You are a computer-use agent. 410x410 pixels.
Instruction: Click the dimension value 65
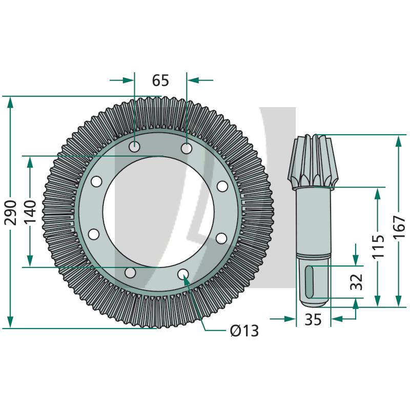(160, 80)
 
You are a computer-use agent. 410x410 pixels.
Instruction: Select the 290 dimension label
(11, 212)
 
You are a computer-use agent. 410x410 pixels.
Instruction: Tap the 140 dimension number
(30, 212)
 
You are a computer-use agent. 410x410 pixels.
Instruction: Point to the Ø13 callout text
(244, 331)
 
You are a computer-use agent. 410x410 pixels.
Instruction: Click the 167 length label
(399, 227)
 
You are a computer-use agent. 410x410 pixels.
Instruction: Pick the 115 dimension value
(378, 246)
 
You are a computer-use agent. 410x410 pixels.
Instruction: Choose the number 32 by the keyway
(356, 282)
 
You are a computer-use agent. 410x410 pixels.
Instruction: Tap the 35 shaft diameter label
(313, 319)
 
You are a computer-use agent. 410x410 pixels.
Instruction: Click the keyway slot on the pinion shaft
(310, 281)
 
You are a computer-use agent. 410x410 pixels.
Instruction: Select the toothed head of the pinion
(312, 161)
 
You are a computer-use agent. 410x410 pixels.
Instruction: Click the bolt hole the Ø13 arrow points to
(183, 274)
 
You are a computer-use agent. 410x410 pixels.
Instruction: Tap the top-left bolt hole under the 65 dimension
(134, 147)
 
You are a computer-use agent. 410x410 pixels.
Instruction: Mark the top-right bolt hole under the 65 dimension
(187, 149)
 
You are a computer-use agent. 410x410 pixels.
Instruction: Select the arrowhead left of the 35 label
(290, 319)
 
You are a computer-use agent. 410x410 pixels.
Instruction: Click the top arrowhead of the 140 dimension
(30, 162)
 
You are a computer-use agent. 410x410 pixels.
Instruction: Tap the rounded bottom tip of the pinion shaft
(314, 304)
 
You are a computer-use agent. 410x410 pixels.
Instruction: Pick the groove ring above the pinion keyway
(314, 256)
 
